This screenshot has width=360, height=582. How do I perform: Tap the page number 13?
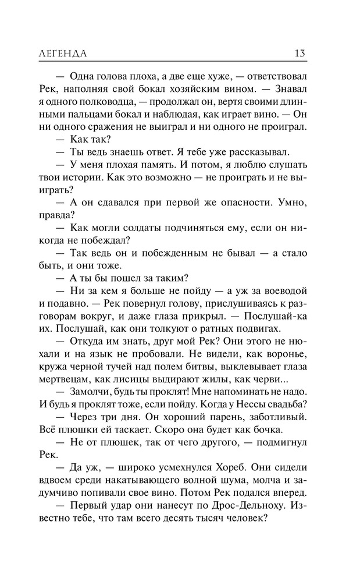(x=300, y=54)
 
